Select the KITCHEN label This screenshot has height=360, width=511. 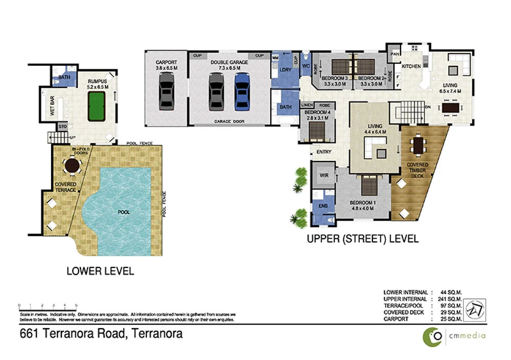(411, 66)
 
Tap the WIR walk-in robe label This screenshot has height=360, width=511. (323, 175)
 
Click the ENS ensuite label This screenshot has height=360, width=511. (323, 206)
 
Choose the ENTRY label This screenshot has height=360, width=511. (324, 152)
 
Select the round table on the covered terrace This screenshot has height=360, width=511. (72, 166)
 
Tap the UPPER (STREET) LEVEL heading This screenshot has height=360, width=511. (362, 238)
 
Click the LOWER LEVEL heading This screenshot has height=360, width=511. (100, 271)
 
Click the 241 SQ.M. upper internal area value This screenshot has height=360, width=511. (448, 299)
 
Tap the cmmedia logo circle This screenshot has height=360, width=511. (431, 336)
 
